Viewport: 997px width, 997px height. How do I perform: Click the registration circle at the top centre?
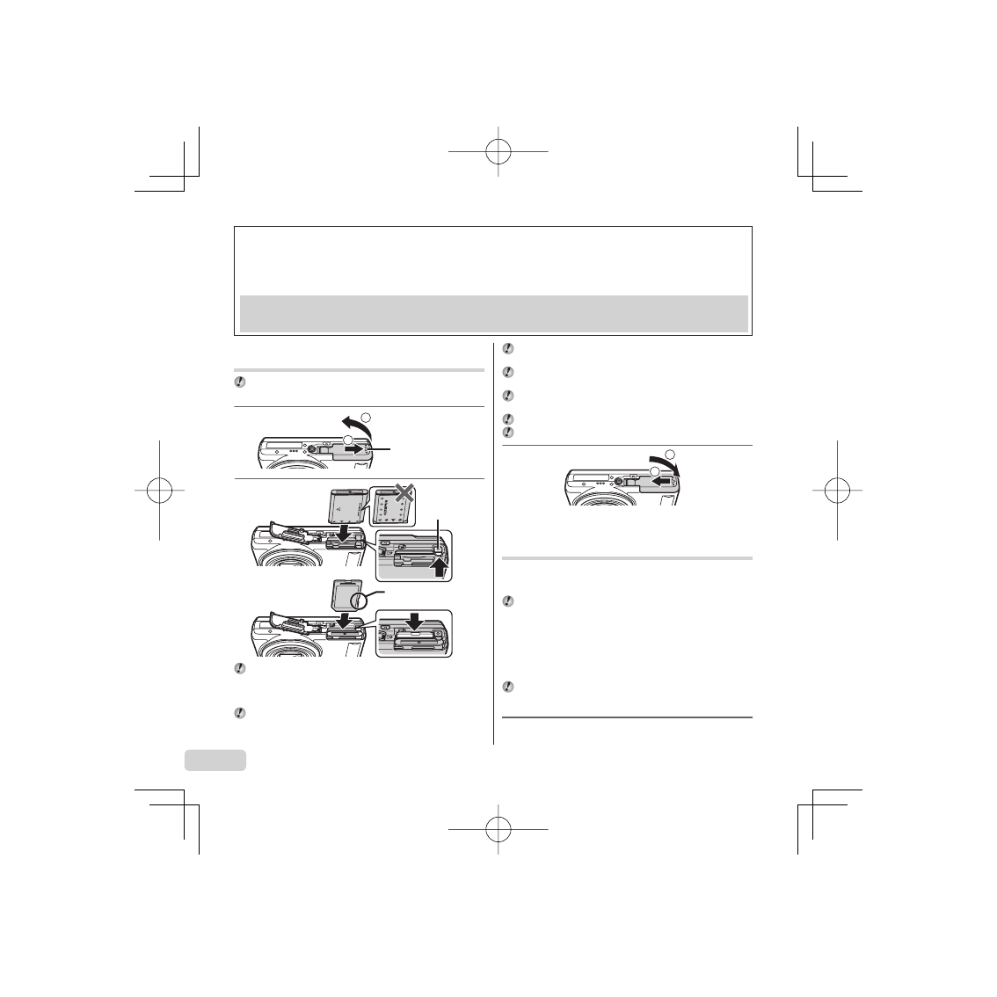tap(498, 151)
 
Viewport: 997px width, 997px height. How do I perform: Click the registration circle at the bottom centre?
tap(498, 828)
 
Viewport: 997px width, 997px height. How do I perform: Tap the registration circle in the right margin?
tap(838, 491)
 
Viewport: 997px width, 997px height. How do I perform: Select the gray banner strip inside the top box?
tap(493, 313)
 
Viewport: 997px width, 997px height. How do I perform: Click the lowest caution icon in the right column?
tap(507, 686)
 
